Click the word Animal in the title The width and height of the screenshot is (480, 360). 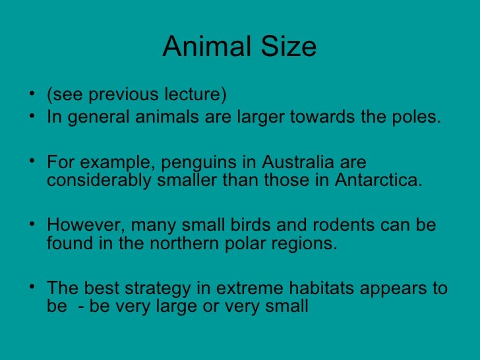203,47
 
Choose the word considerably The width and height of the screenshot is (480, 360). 100,181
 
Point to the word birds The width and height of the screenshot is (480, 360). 253,225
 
